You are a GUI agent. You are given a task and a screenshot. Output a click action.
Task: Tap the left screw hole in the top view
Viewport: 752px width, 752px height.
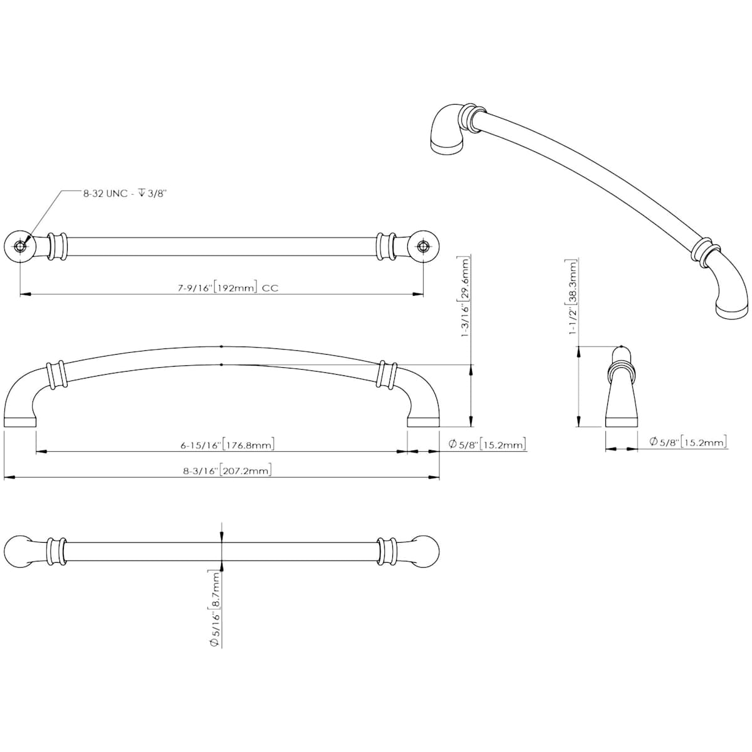coord(21,246)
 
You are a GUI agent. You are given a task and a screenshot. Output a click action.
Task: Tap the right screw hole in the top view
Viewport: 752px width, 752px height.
coord(423,246)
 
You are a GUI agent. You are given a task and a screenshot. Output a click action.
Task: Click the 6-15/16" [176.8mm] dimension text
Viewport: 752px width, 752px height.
coord(227,445)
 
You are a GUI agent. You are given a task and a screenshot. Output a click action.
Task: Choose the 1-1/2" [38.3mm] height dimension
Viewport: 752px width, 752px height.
coord(572,298)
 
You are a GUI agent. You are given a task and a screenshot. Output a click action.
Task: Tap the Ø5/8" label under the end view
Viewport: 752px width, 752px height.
coord(687,443)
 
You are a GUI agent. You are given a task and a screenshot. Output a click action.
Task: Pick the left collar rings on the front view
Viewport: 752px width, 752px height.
coord(55,375)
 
